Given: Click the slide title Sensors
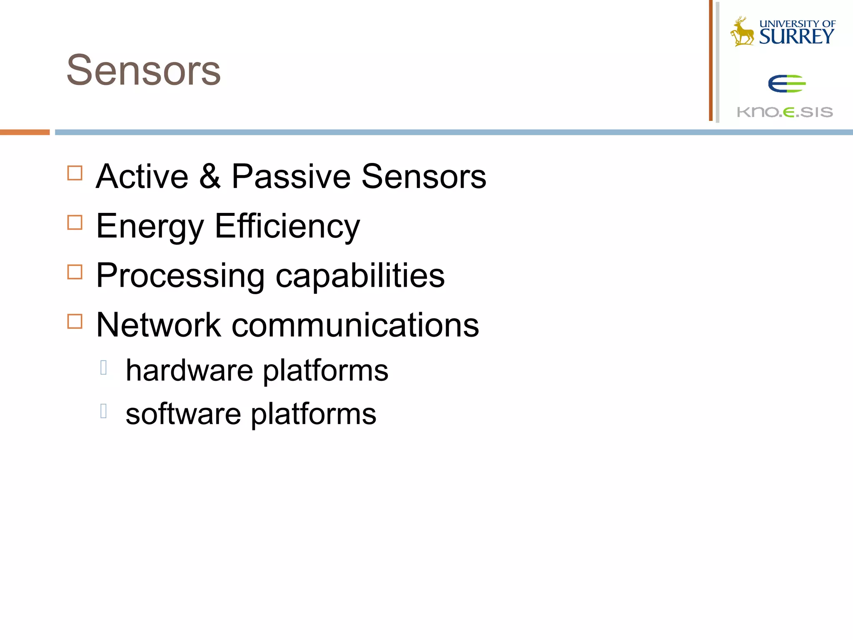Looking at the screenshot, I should tap(144, 71).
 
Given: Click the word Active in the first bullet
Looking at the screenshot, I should tap(142, 177).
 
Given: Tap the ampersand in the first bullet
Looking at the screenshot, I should tap(210, 177).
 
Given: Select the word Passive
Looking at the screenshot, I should tap(291, 177).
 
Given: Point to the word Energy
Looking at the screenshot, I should tap(150, 227).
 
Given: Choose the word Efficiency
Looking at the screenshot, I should tap(287, 227).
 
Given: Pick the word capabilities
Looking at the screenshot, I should tap(360, 276).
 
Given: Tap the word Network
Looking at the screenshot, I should tap(158, 325).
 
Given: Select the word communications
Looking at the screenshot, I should tap(355, 325).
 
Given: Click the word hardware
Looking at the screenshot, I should tap(190, 370).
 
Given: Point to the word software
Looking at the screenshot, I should tap(183, 414).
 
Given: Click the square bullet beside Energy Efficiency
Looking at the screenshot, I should tap(75, 222).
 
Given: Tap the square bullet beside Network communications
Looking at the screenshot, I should tap(75, 321).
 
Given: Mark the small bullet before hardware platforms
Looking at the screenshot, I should tap(104, 367).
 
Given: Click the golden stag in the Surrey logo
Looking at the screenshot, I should tap(742, 32).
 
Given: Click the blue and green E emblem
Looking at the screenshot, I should tap(787, 84).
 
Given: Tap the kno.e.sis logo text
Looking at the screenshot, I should tap(785, 112).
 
